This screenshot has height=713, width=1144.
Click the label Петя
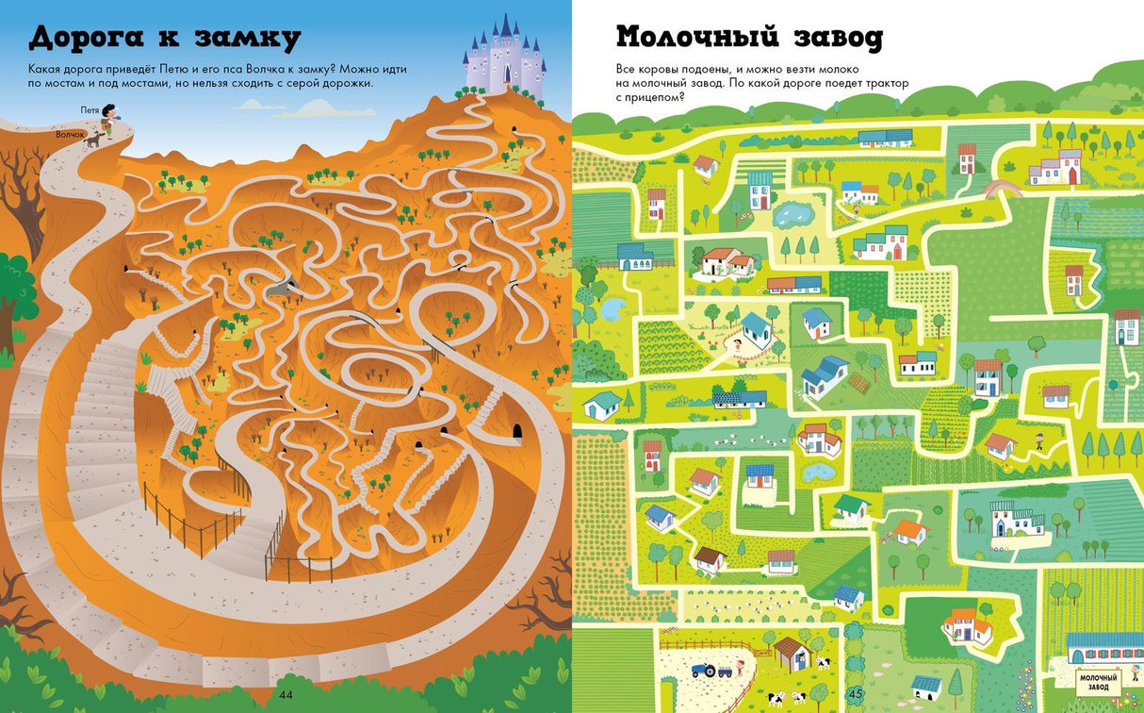(90, 110)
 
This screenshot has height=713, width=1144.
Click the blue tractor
(704, 671)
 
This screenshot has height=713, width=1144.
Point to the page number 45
(856, 696)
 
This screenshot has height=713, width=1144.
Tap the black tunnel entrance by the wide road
(515, 431)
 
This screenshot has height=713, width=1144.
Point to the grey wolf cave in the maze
(281, 289)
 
